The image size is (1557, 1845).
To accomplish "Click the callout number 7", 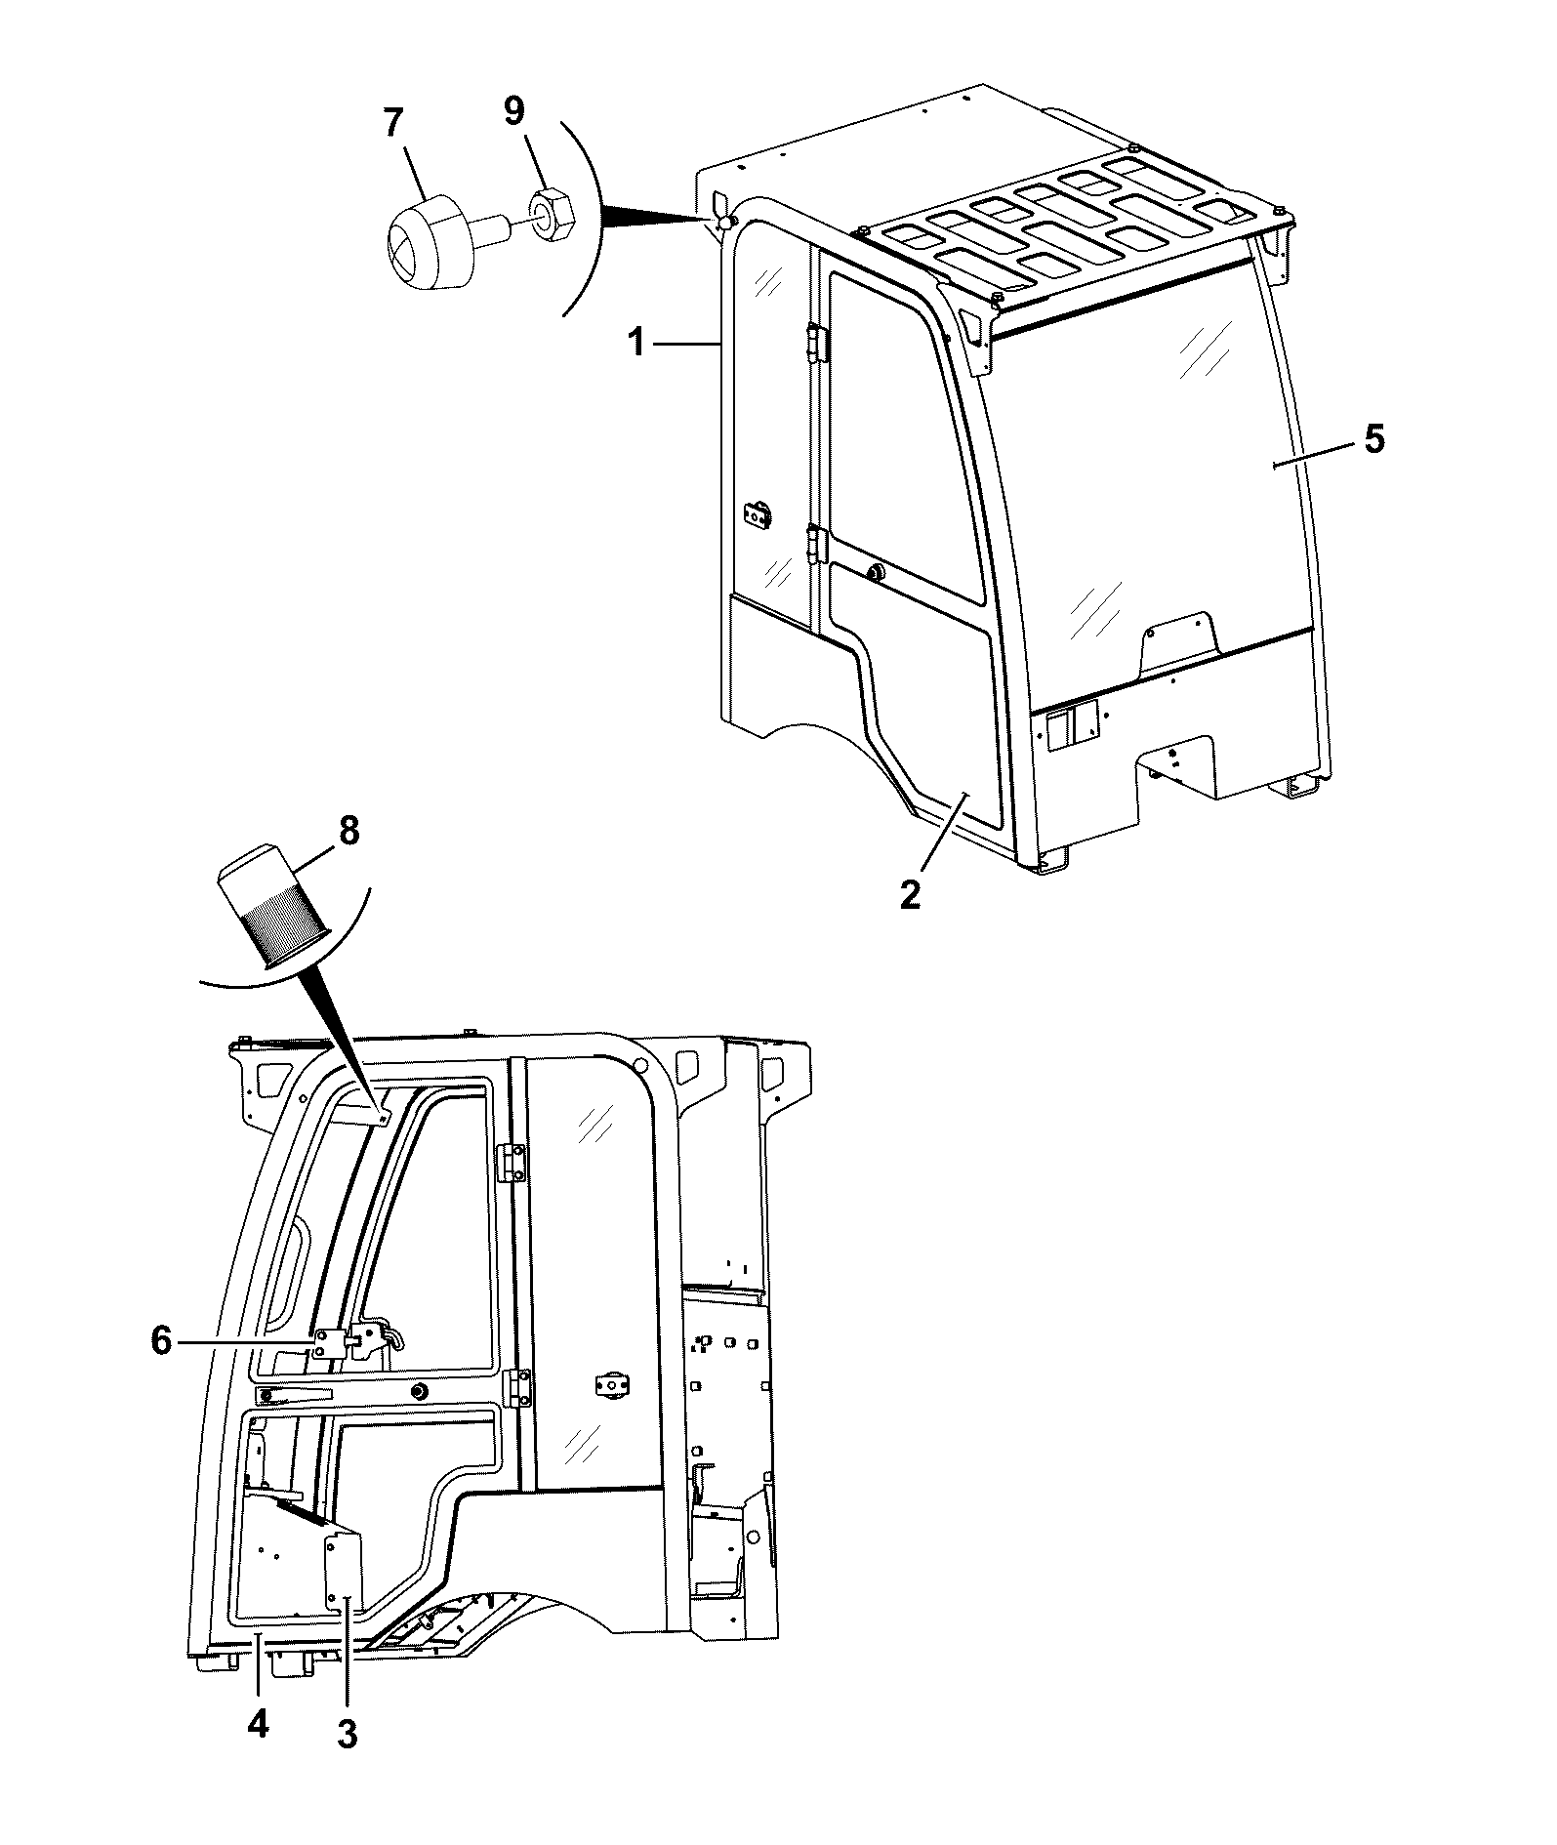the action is (392, 123).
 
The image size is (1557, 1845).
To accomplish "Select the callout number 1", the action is (636, 343).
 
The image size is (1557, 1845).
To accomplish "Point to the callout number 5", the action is (1373, 438).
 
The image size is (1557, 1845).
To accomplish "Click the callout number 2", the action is (910, 894).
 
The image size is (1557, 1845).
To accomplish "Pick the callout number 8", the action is (348, 831).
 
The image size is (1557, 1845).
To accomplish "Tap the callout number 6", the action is (162, 1340).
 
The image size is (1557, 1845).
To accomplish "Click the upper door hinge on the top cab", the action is (818, 343).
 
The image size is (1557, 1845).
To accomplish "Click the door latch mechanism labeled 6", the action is (355, 1342).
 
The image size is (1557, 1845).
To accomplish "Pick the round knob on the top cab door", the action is (875, 573).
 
